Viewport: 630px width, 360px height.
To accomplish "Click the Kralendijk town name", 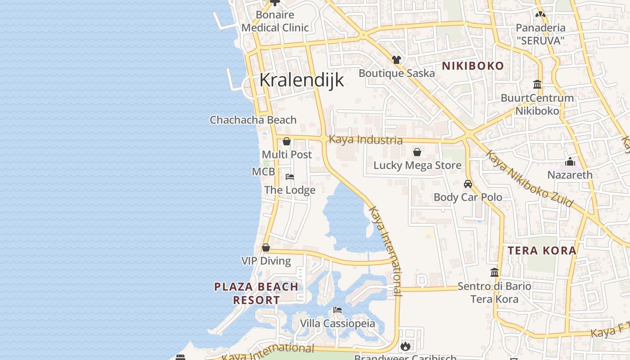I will coord(301,80).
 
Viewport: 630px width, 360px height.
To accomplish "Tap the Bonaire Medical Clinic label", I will coord(275,21).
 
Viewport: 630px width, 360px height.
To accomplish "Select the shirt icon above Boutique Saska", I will coord(396,59).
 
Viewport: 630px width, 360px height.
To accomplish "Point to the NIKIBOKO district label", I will coord(473,66).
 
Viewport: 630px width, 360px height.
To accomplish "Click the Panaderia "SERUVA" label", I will coord(540,34).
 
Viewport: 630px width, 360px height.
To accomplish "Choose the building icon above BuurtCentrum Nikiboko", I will coord(537,84).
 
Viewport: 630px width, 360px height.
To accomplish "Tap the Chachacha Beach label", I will coord(253,120).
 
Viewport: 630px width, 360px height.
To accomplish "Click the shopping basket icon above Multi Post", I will coord(287,141).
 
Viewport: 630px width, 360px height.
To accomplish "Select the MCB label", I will coord(263,172).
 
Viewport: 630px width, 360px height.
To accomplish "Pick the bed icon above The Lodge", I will coord(290,176).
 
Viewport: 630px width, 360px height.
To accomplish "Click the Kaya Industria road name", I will coord(365,139).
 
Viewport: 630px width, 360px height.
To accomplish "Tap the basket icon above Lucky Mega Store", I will coord(417,152).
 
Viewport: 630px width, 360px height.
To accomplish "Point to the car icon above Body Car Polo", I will coord(468,184).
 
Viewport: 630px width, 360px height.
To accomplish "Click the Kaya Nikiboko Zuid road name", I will coord(529,179).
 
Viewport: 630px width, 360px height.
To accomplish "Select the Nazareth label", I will coord(570,175).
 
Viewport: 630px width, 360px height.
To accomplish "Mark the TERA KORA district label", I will coord(542,250).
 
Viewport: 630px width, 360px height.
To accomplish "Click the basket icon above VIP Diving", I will coord(266,247).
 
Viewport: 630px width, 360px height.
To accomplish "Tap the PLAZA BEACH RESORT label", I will coord(256,293).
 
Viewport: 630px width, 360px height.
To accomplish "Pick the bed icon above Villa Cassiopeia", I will coord(337,310).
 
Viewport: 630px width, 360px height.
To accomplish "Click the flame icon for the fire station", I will coord(405,346).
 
